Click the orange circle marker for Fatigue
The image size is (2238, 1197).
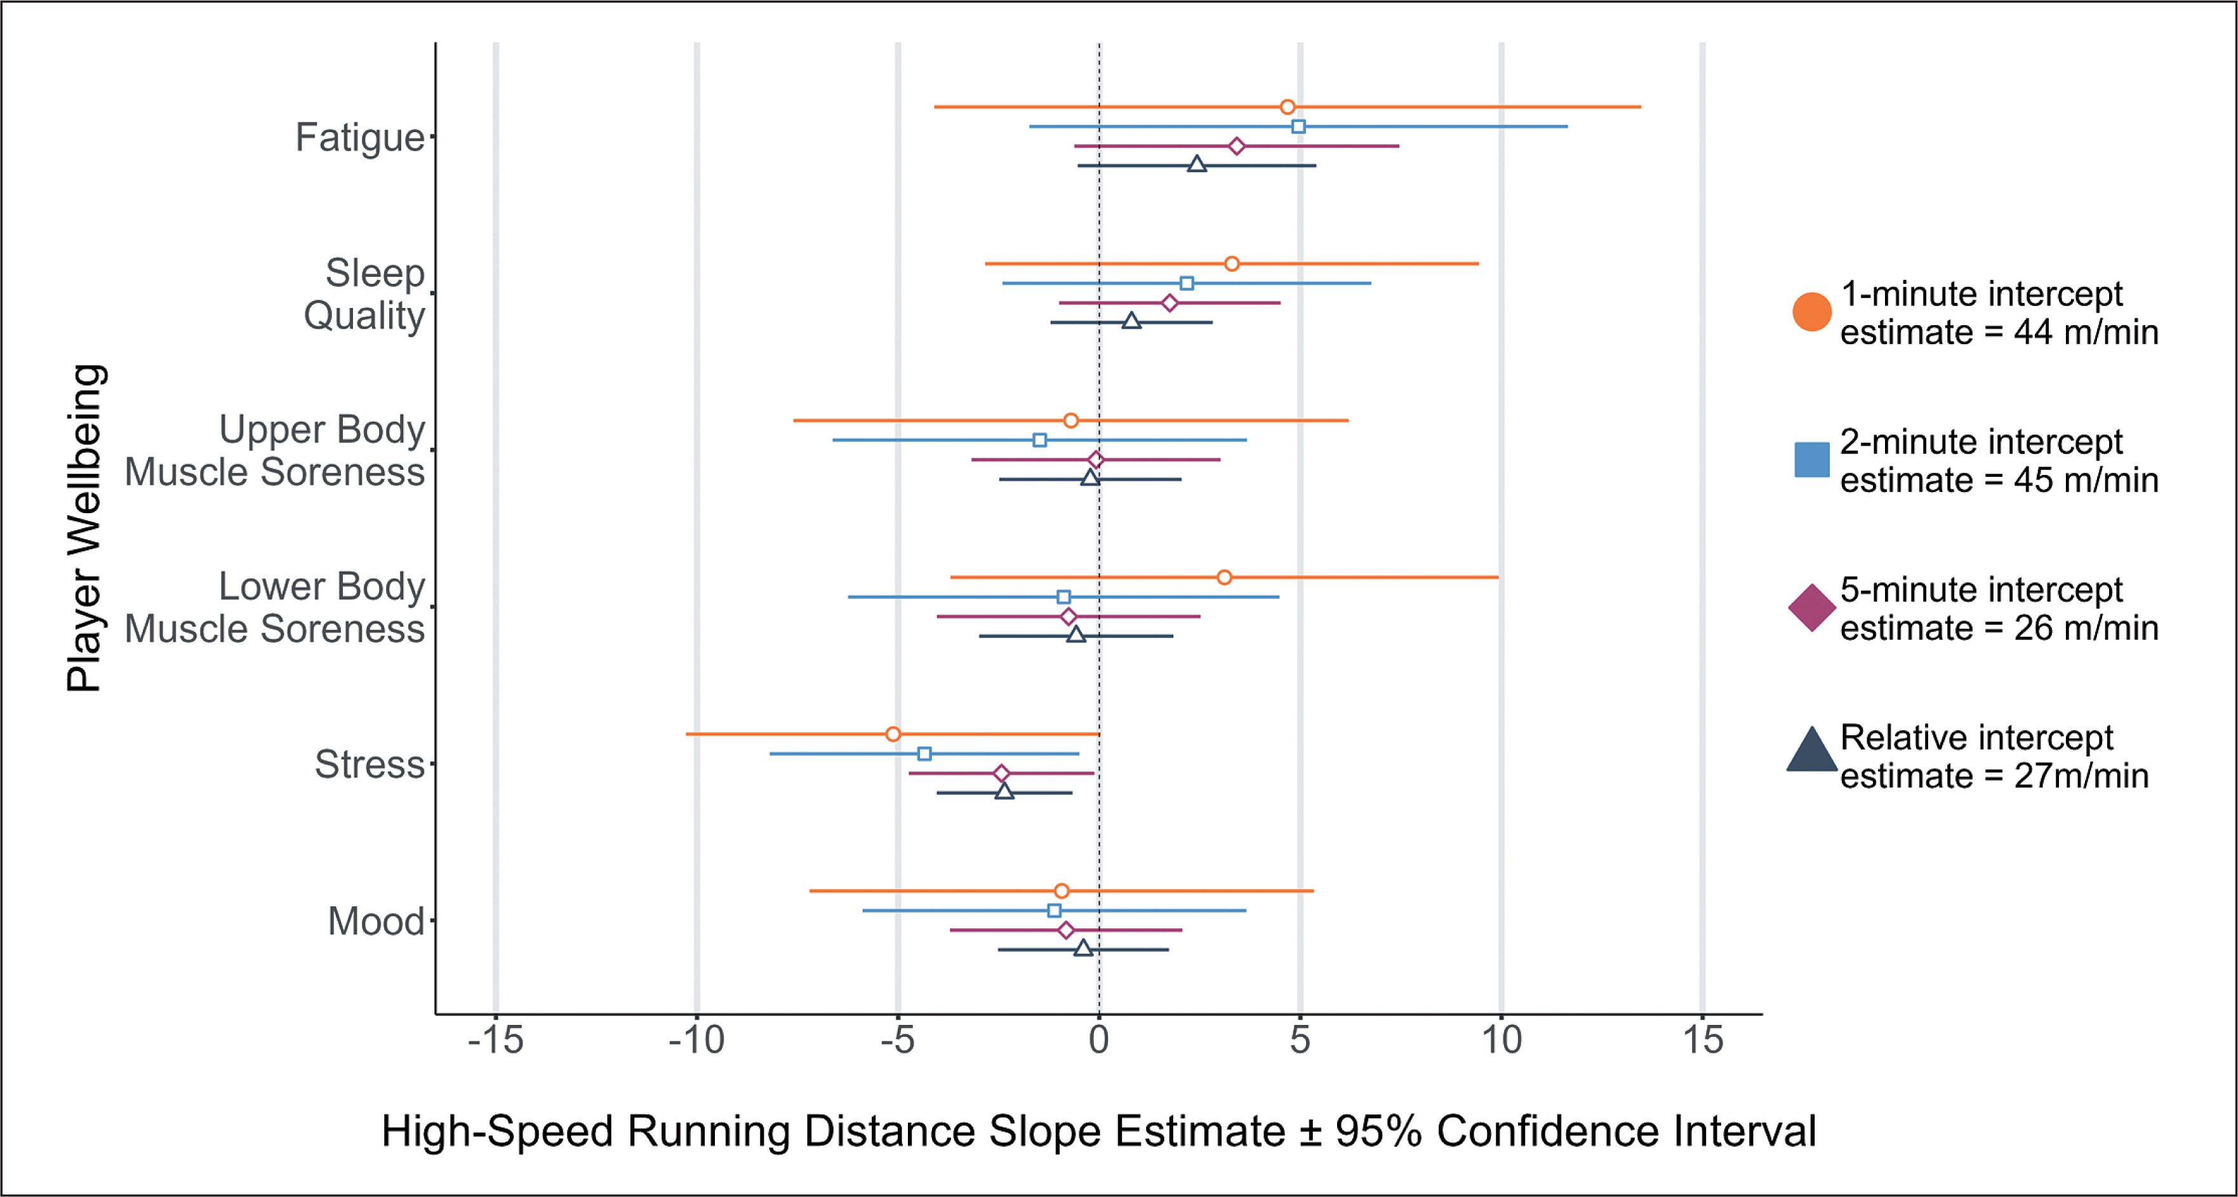pyautogui.click(x=1288, y=107)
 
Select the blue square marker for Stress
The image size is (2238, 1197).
pyautogui.click(x=924, y=754)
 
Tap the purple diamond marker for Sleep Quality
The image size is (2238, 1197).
pyautogui.click(x=1169, y=303)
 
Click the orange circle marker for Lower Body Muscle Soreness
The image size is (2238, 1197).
pyautogui.click(x=1224, y=577)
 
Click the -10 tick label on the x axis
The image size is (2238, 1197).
pyautogui.click(x=696, y=1040)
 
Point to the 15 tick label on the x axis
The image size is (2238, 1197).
pyautogui.click(x=1702, y=1040)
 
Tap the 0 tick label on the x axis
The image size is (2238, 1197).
pyautogui.click(x=1099, y=1040)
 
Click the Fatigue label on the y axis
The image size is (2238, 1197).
pyautogui.click(x=360, y=137)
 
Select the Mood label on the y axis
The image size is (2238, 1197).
pyautogui.click(x=375, y=921)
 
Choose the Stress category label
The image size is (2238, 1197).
pyautogui.click(x=370, y=765)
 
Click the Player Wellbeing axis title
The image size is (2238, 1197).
pyautogui.click(x=85, y=528)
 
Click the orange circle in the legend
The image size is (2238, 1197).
pyautogui.click(x=1811, y=312)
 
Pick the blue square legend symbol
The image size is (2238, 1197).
pyautogui.click(x=1811, y=460)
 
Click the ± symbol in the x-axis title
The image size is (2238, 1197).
pyautogui.click(x=1310, y=1132)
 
